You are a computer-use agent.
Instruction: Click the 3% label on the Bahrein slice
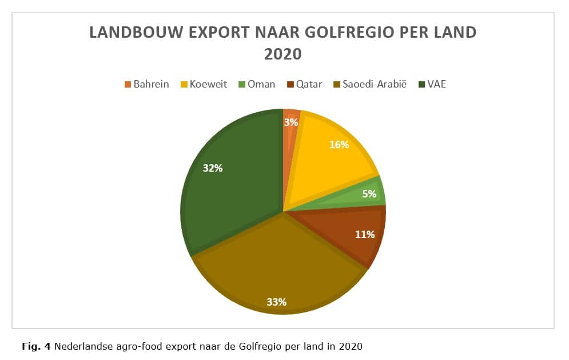[291, 122]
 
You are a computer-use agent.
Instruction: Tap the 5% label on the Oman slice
[369, 193]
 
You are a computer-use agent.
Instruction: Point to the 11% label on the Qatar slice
[365, 234]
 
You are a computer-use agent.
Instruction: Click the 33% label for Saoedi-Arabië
[277, 302]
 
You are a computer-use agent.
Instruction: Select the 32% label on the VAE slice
[213, 168]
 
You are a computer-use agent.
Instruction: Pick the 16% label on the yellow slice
[339, 145]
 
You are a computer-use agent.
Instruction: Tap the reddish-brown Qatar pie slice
[348, 232]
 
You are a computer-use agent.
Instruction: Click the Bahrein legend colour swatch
[128, 85]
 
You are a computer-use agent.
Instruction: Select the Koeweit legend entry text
[208, 84]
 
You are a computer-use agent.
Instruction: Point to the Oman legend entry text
[261, 84]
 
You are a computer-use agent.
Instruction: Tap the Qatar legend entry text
[309, 84]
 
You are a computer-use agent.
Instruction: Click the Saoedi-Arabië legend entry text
[375, 84]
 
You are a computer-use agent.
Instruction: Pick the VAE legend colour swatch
[421, 85]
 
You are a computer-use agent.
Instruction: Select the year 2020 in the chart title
[283, 54]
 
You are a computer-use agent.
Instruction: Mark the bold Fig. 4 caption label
[36, 346]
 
